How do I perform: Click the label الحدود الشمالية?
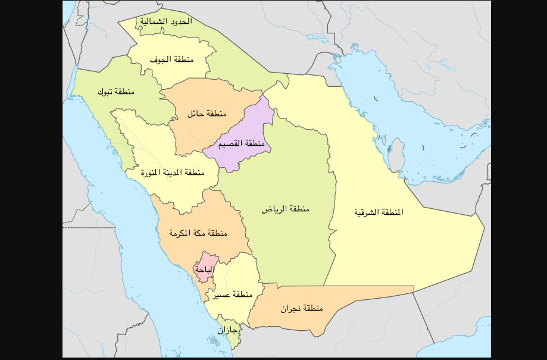coord(165,21)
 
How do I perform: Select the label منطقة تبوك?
coord(116,92)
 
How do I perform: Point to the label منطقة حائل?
coord(207,113)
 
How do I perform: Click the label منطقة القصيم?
coord(241,144)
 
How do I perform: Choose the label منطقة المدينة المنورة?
coord(173,173)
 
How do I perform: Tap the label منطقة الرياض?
coord(286,209)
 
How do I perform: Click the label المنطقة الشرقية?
coord(379,212)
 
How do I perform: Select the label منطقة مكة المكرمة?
coord(198,233)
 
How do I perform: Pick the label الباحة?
coord(203,270)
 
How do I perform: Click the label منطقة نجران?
coord(302,308)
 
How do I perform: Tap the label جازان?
coord(227,329)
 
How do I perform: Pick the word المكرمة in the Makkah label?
coord(182,233)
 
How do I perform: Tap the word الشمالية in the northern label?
coord(152,21)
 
